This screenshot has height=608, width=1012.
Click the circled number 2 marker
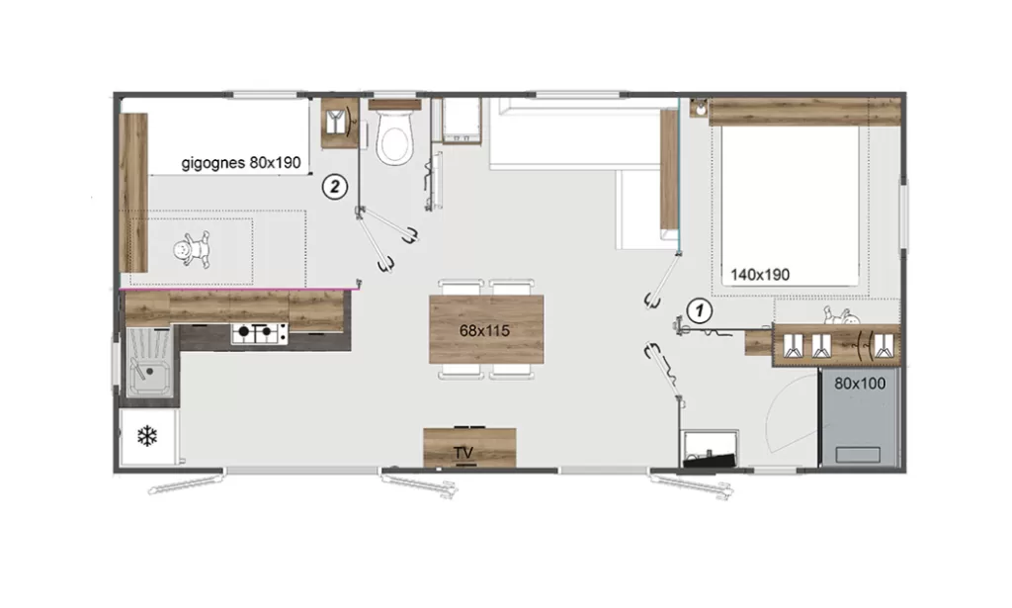tap(334, 187)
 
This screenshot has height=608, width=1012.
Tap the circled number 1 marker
tap(699, 311)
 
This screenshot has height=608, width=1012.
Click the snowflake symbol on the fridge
tap(147, 436)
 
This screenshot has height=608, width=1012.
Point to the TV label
tap(464, 453)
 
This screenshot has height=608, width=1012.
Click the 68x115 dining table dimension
tap(484, 330)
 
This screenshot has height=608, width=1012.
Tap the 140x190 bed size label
tap(760, 275)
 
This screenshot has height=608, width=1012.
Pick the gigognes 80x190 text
tap(241, 163)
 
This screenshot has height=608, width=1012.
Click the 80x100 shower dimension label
tap(860, 384)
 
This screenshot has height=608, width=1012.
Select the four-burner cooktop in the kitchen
tap(260, 333)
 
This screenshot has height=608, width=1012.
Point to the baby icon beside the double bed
tap(842, 316)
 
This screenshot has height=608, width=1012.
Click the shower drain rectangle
tap(858, 455)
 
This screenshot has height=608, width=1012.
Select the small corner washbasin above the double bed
tap(699, 108)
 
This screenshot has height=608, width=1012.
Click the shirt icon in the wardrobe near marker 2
tap(336, 122)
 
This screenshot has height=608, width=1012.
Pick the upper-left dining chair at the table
tap(461, 287)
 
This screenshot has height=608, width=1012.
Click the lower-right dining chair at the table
tap(511, 372)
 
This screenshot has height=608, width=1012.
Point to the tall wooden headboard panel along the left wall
tap(134, 193)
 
